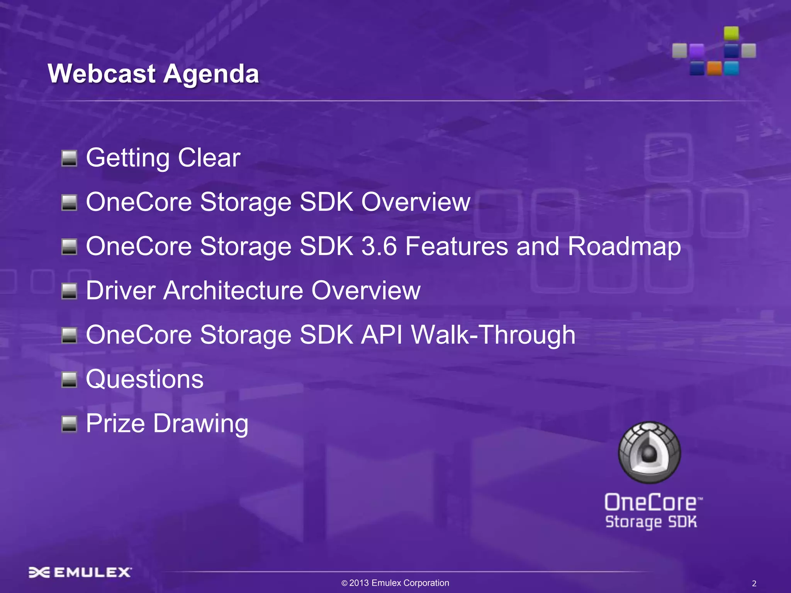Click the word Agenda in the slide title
pyautogui.click(x=211, y=74)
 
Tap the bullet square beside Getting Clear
pyautogui.click(x=70, y=158)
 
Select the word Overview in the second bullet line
pyautogui.click(x=416, y=202)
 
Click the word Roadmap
pyautogui.click(x=624, y=246)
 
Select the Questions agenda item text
pyautogui.click(x=144, y=379)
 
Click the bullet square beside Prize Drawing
pyautogui.click(x=70, y=424)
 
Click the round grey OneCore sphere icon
pyautogui.click(x=649, y=452)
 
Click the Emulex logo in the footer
pyautogui.click(x=80, y=572)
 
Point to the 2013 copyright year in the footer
pyautogui.click(x=359, y=583)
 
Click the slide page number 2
pyautogui.click(x=754, y=584)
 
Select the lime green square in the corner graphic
pyautogui.click(x=731, y=33)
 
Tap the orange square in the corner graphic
pyautogui.click(x=714, y=69)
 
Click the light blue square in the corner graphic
pyautogui.click(x=731, y=68)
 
